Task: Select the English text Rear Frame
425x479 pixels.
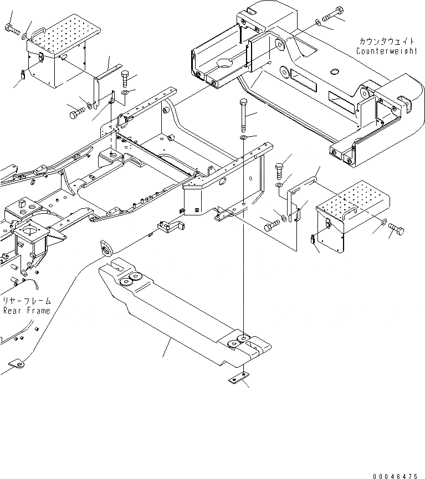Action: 26,311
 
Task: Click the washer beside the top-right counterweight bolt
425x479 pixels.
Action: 317,22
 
